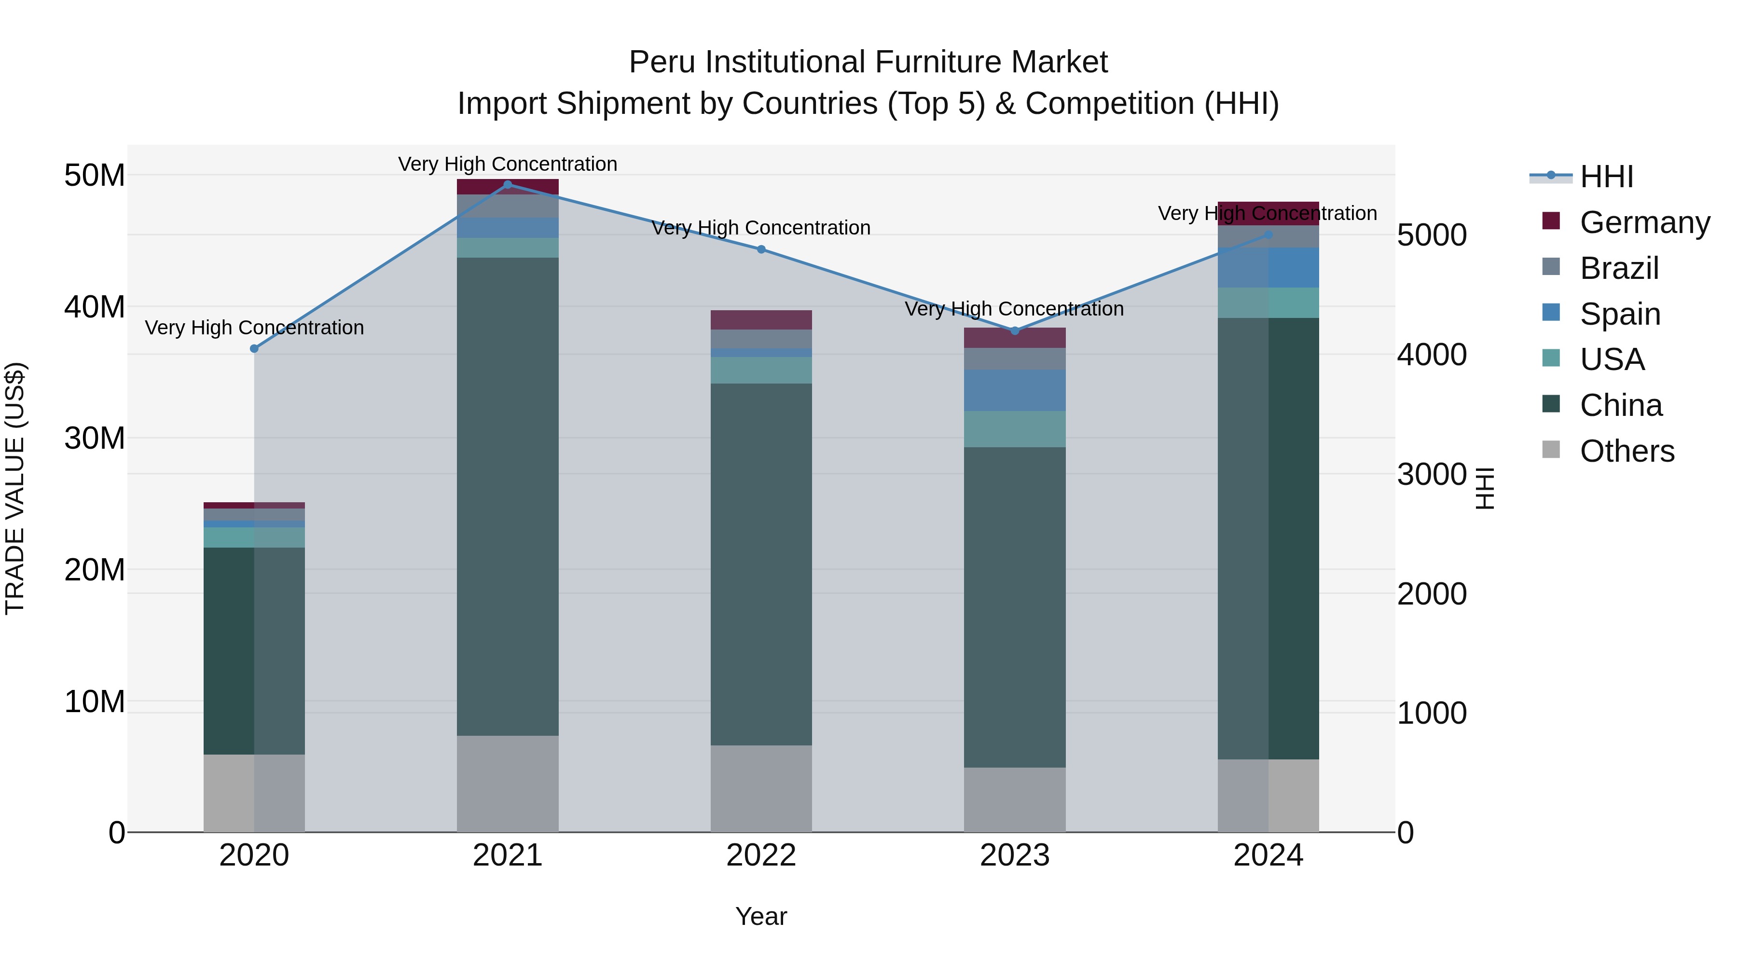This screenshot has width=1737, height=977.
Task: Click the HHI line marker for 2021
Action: [x=508, y=184]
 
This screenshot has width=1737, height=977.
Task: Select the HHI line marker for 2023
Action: [x=1015, y=330]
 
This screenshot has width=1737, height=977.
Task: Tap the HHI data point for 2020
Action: [x=254, y=349]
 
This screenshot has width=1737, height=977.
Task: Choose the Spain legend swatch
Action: [x=1551, y=313]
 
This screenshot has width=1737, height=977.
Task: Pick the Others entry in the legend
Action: [x=1627, y=451]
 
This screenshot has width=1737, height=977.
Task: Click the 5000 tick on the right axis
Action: [x=1432, y=235]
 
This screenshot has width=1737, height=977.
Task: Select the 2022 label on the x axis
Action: [x=761, y=855]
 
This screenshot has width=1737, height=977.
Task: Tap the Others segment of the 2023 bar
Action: [x=1015, y=799]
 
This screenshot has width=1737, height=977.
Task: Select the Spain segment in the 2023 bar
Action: [x=1015, y=390]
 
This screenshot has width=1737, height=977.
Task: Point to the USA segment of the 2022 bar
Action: [x=761, y=370]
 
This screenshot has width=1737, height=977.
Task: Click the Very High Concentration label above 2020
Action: [x=254, y=328]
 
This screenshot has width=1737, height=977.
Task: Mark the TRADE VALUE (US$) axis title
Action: [x=15, y=488]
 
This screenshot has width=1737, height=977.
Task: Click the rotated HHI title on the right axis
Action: [x=1485, y=488]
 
